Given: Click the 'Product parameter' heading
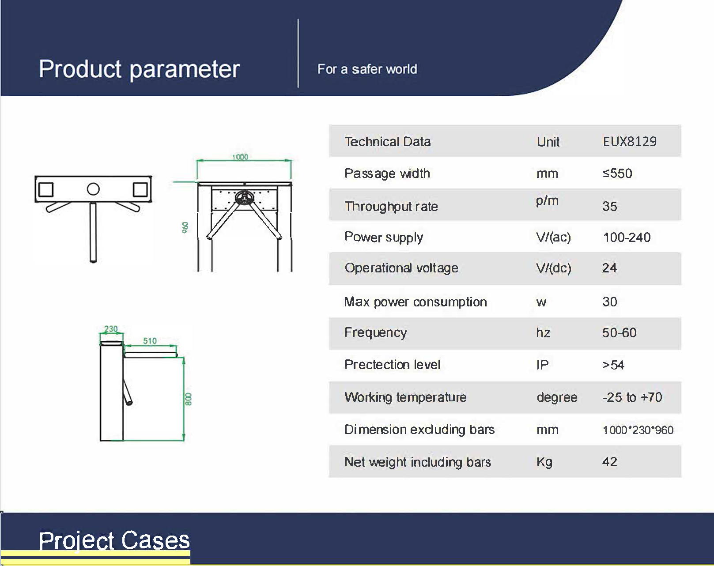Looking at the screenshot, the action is coord(139,70).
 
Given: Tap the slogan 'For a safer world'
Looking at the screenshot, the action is coord(367,69).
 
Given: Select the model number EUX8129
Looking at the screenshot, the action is coord(629,142).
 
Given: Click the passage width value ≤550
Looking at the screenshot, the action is coord(617,174).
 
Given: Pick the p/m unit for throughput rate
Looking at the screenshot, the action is coord(548,201).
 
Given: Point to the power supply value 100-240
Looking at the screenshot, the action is coord(627,238).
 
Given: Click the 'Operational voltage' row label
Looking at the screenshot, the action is coord(401,268).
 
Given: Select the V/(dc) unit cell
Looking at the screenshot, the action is coord(554,268).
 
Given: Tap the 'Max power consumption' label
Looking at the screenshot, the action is coord(416,302).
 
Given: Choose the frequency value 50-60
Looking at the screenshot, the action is coord(619,333).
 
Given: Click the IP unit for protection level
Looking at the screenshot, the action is coord(543,365).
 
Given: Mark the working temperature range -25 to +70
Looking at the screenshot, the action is coord(632,397).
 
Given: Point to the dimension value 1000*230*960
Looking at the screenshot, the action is coord(638,430).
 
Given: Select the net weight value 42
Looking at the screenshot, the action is coord(609,461).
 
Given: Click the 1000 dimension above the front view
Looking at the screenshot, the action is coord(240,157).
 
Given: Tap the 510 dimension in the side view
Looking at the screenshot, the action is coord(150,341).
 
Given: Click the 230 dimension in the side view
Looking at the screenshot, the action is coord(111,329).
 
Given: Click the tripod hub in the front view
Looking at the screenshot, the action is coord(245,198).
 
